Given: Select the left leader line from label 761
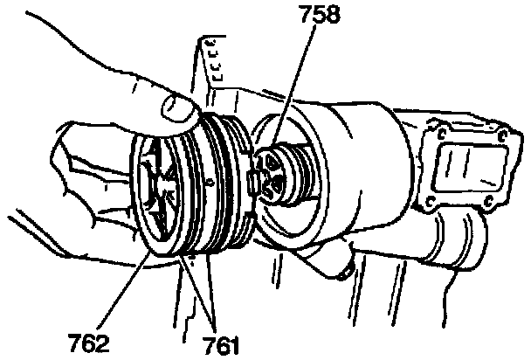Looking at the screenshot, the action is pyautogui.click(x=197, y=289).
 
